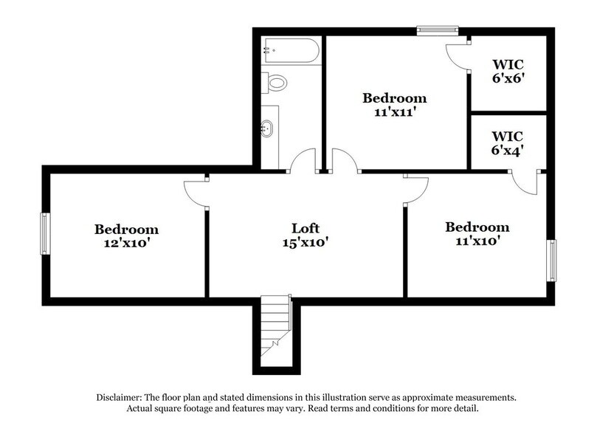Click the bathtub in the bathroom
click(289, 52)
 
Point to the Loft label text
click(304, 228)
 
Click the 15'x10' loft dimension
click(304, 241)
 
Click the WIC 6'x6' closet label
click(507, 70)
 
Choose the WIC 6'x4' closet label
click(507, 143)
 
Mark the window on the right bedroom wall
click(551, 260)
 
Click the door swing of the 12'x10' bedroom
click(196, 193)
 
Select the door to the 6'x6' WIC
click(458, 56)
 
